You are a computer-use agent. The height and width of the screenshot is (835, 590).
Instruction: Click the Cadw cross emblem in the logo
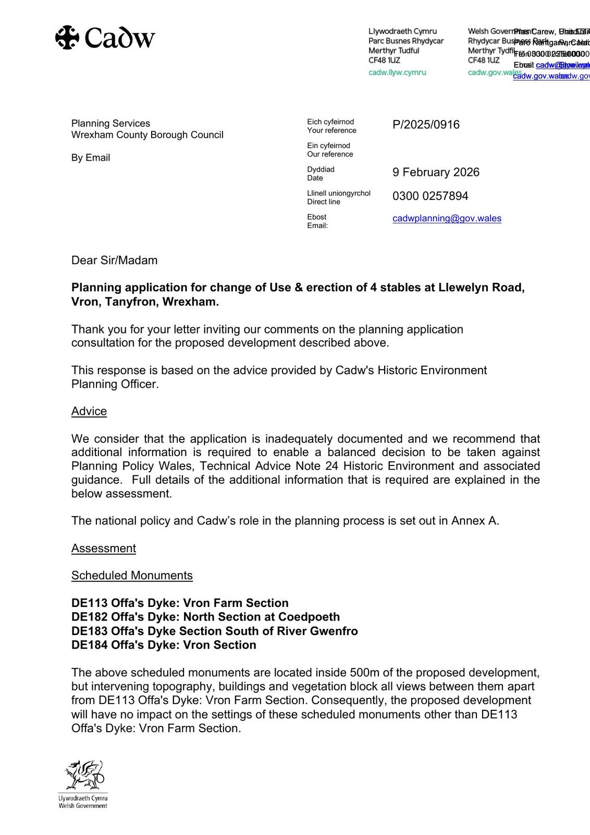(67, 38)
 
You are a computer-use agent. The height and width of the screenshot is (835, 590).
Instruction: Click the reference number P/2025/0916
(426, 125)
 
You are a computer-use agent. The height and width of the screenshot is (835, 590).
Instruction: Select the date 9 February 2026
(436, 172)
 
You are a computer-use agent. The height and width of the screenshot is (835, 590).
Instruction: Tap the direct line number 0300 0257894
(430, 196)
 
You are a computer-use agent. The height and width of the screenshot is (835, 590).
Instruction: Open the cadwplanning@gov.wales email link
(447, 218)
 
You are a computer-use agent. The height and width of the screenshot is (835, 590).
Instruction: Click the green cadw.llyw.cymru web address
(397, 73)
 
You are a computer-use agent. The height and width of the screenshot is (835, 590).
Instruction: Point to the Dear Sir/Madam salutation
(114, 260)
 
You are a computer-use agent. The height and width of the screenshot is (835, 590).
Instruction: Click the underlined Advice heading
(89, 411)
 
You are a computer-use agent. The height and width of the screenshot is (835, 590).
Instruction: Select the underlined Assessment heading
(104, 548)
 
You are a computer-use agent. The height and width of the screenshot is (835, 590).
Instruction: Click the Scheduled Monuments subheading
(132, 576)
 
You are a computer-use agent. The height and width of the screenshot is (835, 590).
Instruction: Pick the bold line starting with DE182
(205, 617)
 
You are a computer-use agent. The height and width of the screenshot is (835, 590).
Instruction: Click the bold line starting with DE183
(214, 631)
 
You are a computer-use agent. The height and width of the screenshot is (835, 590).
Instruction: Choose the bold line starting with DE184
(164, 645)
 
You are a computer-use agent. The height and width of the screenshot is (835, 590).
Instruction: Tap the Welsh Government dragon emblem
(84, 776)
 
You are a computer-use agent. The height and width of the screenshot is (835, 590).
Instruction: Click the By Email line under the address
(91, 158)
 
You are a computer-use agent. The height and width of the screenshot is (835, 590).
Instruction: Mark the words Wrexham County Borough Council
(147, 135)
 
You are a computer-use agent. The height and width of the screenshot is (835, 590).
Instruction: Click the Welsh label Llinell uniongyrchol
(339, 193)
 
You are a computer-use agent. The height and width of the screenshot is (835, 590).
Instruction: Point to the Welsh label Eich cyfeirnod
(330, 122)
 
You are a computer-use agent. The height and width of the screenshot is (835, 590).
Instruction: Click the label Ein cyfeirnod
(328, 146)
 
